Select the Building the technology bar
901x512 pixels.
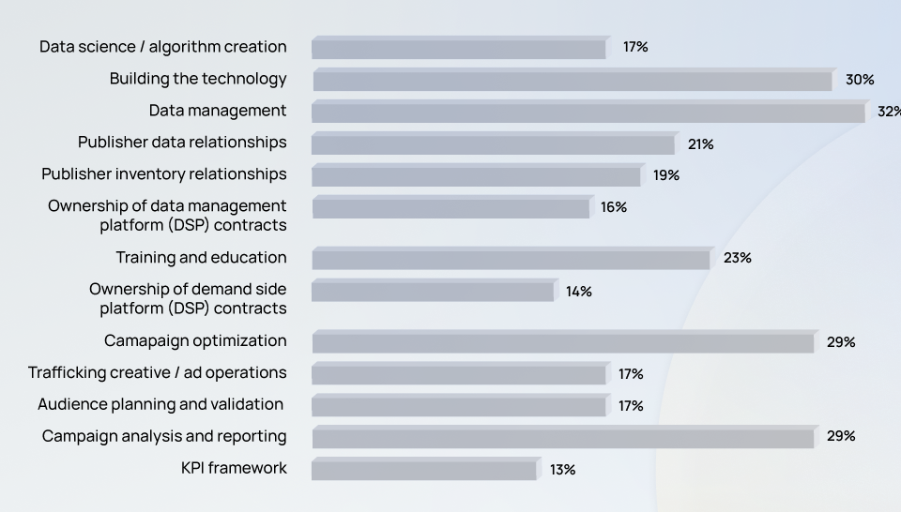click(573, 81)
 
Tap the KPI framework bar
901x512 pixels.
click(424, 469)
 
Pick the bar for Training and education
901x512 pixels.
click(511, 258)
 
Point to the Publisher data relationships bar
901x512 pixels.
click(493, 144)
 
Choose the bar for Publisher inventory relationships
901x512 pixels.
click(476, 175)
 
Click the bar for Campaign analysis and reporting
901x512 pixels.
click(563, 437)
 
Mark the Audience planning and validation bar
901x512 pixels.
click(459, 405)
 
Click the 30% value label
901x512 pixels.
click(860, 80)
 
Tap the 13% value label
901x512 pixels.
click(563, 470)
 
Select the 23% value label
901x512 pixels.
click(738, 258)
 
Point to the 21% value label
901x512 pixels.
click(700, 144)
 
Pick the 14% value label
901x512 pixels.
click(579, 292)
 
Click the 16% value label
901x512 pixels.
click(614, 207)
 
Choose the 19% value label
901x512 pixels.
click(666, 175)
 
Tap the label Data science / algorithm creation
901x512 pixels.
click(163, 47)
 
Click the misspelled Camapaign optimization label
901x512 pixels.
click(195, 340)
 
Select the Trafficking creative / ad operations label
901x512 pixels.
click(158, 372)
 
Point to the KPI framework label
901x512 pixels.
click(234, 468)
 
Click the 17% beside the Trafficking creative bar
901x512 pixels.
click(631, 374)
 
